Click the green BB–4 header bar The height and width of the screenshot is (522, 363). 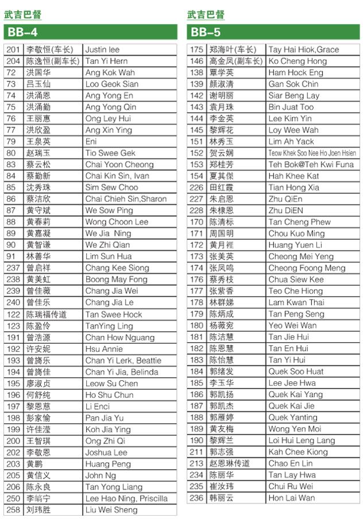click(90, 32)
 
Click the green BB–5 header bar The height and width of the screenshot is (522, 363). click(273, 32)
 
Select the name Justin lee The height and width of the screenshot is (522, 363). click(103, 50)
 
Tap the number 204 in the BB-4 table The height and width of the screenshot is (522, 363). click(13, 61)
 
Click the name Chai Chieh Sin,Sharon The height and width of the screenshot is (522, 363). click(126, 199)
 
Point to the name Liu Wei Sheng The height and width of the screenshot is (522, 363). click(111, 510)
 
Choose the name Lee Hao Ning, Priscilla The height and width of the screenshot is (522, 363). click(126, 498)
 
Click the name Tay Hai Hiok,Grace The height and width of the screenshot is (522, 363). click(303, 50)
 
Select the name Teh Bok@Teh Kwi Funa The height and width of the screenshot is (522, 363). click(311, 165)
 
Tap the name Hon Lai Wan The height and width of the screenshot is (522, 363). click(291, 498)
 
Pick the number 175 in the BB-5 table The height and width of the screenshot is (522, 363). click(196, 50)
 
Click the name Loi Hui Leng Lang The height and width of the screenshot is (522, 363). click(302, 441)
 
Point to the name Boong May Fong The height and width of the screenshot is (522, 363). click(116, 279)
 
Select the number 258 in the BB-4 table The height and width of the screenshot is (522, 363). click(13, 510)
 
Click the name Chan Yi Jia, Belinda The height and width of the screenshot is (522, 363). click(122, 372)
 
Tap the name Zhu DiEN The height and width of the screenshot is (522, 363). click(285, 211)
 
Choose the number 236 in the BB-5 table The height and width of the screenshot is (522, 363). click(196, 498)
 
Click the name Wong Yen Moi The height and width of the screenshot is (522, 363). click(295, 429)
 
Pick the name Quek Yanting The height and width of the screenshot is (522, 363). click(292, 418)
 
